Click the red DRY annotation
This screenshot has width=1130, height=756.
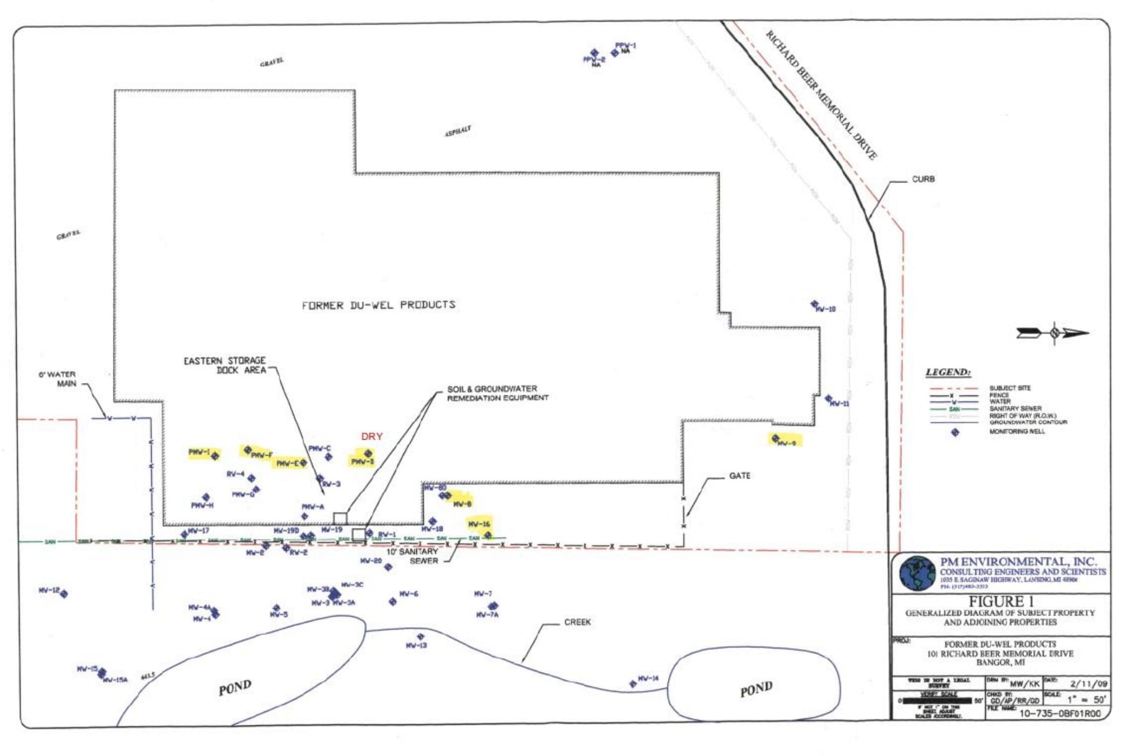[x=371, y=436]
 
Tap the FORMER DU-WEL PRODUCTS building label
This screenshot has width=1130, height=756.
[x=378, y=305]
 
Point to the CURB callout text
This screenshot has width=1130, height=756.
[x=923, y=179]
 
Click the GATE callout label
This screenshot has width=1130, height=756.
[x=740, y=476]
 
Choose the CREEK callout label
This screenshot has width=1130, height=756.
[x=577, y=622]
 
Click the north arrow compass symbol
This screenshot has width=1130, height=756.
[x=1053, y=333]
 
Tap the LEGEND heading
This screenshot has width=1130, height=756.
[x=948, y=372]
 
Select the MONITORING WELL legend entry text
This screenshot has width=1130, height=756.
[x=1017, y=432]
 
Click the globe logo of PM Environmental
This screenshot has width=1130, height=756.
[x=917, y=574]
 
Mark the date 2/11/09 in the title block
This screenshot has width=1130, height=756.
[x=1089, y=684]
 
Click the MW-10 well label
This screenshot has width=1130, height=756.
[x=826, y=309]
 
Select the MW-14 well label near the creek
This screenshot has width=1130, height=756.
[x=648, y=679]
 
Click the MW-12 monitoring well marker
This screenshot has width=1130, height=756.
[x=64, y=594]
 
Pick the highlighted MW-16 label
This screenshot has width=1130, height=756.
[x=479, y=524]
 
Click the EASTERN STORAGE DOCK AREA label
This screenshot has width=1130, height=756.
[x=225, y=365]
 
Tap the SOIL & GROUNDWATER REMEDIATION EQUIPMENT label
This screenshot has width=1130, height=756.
[x=498, y=393]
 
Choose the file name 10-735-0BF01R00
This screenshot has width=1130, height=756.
[x=1060, y=713]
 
